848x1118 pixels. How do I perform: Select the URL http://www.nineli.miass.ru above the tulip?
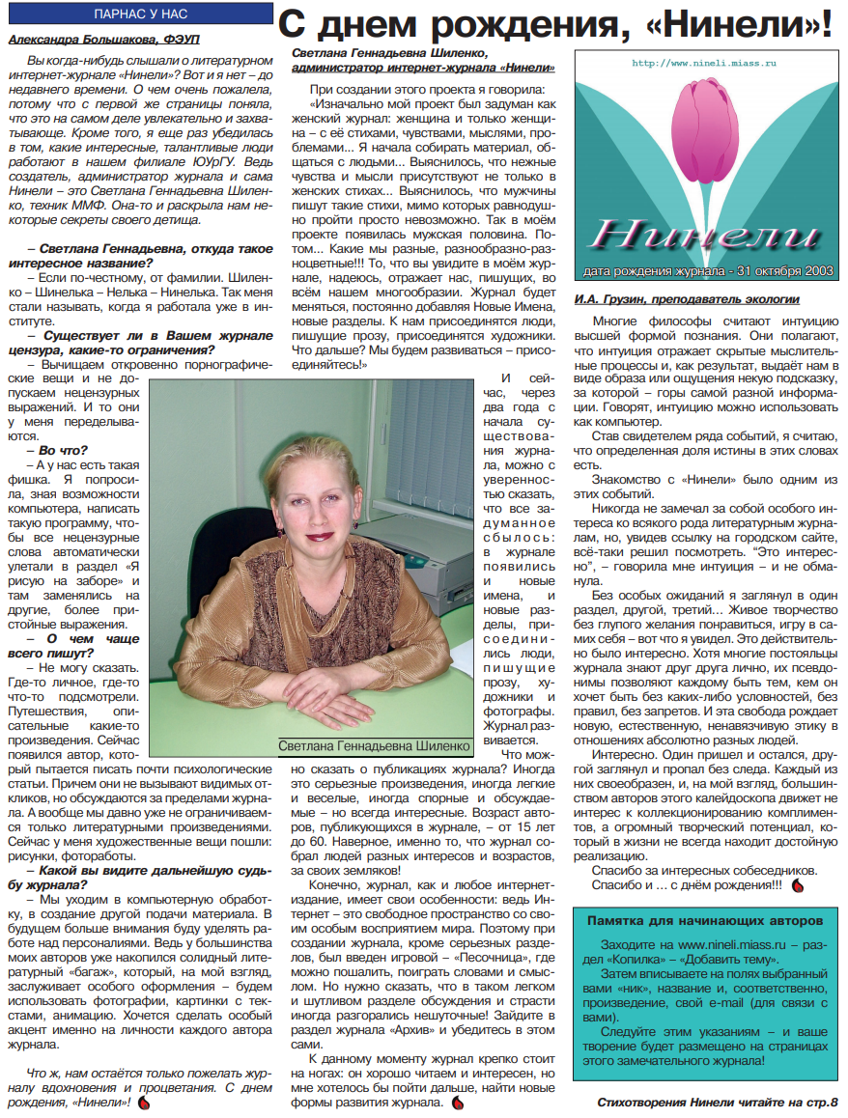click(x=705, y=63)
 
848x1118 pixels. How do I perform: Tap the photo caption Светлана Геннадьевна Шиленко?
click(x=375, y=746)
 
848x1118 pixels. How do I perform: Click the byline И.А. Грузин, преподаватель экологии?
click(x=686, y=299)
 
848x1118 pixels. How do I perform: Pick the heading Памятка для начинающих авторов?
click(x=703, y=920)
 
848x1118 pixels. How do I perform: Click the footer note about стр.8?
click(x=718, y=1102)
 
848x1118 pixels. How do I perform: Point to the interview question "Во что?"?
click(x=63, y=449)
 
